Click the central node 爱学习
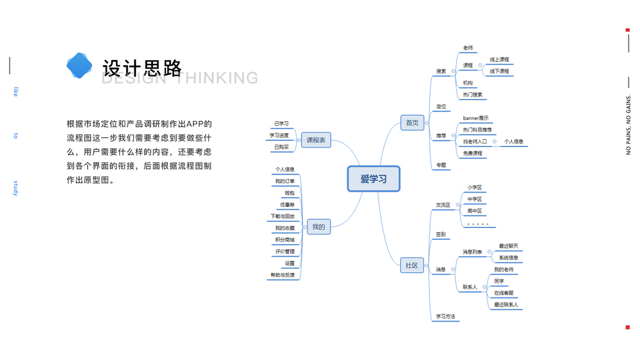(x=373, y=179)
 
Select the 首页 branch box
(x=412, y=123)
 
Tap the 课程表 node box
(x=316, y=140)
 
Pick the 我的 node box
(x=319, y=227)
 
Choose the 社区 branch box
(x=412, y=265)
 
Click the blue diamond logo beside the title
(x=79, y=65)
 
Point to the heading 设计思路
(x=142, y=68)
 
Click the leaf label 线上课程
(x=499, y=59)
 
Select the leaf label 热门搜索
(x=473, y=95)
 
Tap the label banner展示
(x=476, y=118)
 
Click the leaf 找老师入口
(x=475, y=142)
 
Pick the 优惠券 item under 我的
(x=287, y=205)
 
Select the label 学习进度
(x=279, y=136)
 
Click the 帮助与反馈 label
(x=282, y=275)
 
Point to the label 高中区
(x=474, y=211)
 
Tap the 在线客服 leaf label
(x=504, y=293)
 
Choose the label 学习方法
(x=446, y=316)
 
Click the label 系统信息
(x=509, y=258)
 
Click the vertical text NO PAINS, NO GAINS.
(x=628, y=125)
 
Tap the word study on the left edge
(x=16, y=187)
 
